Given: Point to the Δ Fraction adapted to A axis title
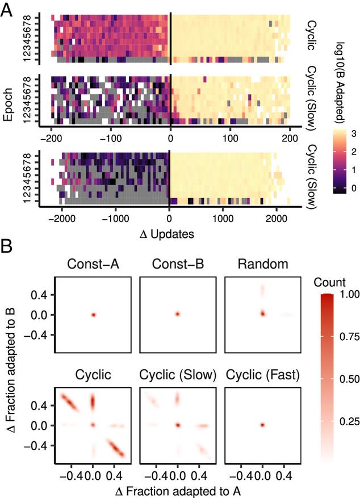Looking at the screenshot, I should point(177,490).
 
